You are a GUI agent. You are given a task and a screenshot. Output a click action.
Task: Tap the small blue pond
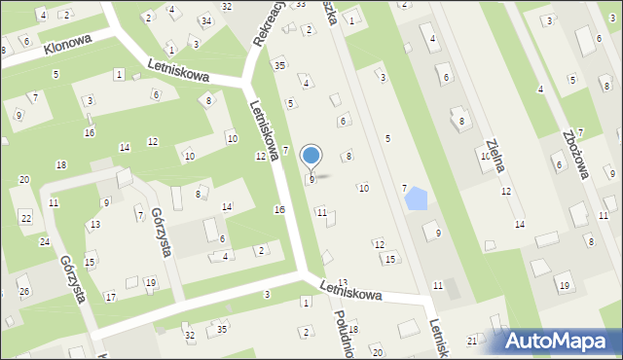415,198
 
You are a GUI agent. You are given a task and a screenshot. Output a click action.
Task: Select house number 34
205,20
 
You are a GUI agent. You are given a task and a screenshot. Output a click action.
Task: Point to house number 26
24,292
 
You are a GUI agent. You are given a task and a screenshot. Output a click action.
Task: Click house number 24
44,241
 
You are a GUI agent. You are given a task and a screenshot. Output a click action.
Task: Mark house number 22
25,217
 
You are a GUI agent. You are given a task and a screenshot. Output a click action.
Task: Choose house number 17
111,297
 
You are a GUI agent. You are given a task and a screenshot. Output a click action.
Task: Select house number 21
472,341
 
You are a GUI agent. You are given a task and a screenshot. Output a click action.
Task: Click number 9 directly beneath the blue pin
311,180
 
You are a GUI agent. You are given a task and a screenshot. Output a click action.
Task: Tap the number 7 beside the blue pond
404,188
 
